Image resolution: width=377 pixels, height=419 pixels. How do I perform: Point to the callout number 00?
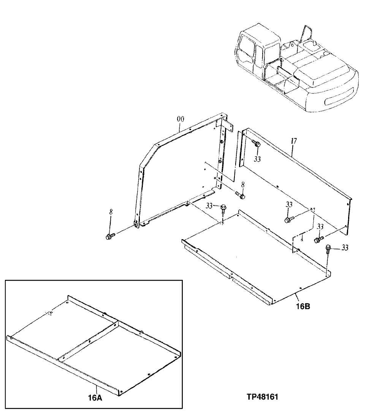pos(180,119)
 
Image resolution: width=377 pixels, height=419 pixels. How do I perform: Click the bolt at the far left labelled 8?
pos(109,237)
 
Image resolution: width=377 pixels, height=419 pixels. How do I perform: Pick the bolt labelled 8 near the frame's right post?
pos(240,195)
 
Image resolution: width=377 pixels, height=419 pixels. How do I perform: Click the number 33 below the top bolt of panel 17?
pos(258,159)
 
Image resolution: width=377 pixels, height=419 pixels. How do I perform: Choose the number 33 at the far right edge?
pos(345,248)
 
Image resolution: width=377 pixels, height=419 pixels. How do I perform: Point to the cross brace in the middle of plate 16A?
pos(89,340)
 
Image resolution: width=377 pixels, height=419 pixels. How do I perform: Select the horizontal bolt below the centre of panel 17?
pos(289,219)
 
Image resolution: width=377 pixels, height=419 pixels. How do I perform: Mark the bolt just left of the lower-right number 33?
pos(318,239)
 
